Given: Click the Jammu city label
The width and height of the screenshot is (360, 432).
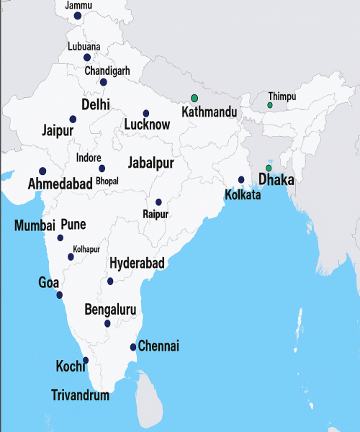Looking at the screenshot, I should pyautogui.click(x=78, y=5).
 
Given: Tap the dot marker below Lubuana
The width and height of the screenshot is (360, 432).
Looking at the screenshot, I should pyautogui.click(x=87, y=58).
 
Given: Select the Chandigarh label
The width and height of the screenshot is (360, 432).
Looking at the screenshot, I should pyautogui.click(x=107, y=71).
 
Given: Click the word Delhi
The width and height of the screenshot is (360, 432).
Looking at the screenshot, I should pyautogui.click(x=96, y=104).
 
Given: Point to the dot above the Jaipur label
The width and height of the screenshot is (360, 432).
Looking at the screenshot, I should pyautogui.click(x=73, y=119).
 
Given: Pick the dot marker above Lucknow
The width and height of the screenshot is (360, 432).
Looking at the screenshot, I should pyautogui.click(x=146, y=113).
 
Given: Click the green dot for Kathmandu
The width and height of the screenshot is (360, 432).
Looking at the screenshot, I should pyautogui.click(x=194, y=98).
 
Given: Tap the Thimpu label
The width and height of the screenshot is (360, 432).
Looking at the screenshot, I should pyautogui.click(x=282, y=96).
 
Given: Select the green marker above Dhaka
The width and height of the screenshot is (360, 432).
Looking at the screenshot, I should pyautogui.click(x=269, y=168).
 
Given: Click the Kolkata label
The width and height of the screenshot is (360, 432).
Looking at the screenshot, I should pyautogui.click(x=243, y=194).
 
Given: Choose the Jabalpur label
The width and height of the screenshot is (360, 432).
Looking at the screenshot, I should pyautogui.click(x=150, y=162).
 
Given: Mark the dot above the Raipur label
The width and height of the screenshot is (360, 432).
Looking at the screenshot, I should pyautogui.click(x=158, y=202).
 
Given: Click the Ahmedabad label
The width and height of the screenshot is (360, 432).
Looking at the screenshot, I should pyautogui.click(x=60, y=184).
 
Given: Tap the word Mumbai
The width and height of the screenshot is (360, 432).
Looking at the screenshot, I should pyautogui.click(x=35, y=225).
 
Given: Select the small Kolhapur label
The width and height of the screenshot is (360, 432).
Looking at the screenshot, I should pyautogui.click(x=86, y=248).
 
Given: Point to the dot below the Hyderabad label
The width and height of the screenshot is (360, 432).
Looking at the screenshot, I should pyautogui.click(x=110, y=281).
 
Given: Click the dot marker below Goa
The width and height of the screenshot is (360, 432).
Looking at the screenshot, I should pyautogui.click(x=59, y=295).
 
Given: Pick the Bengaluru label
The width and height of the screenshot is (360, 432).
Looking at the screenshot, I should pyautogui.click(x=110, y=310).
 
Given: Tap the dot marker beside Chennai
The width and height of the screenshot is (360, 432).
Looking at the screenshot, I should pyautogui.click(x=133, y=347).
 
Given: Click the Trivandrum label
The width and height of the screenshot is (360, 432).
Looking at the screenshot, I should pyautogui.click(x=81, y=395).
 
